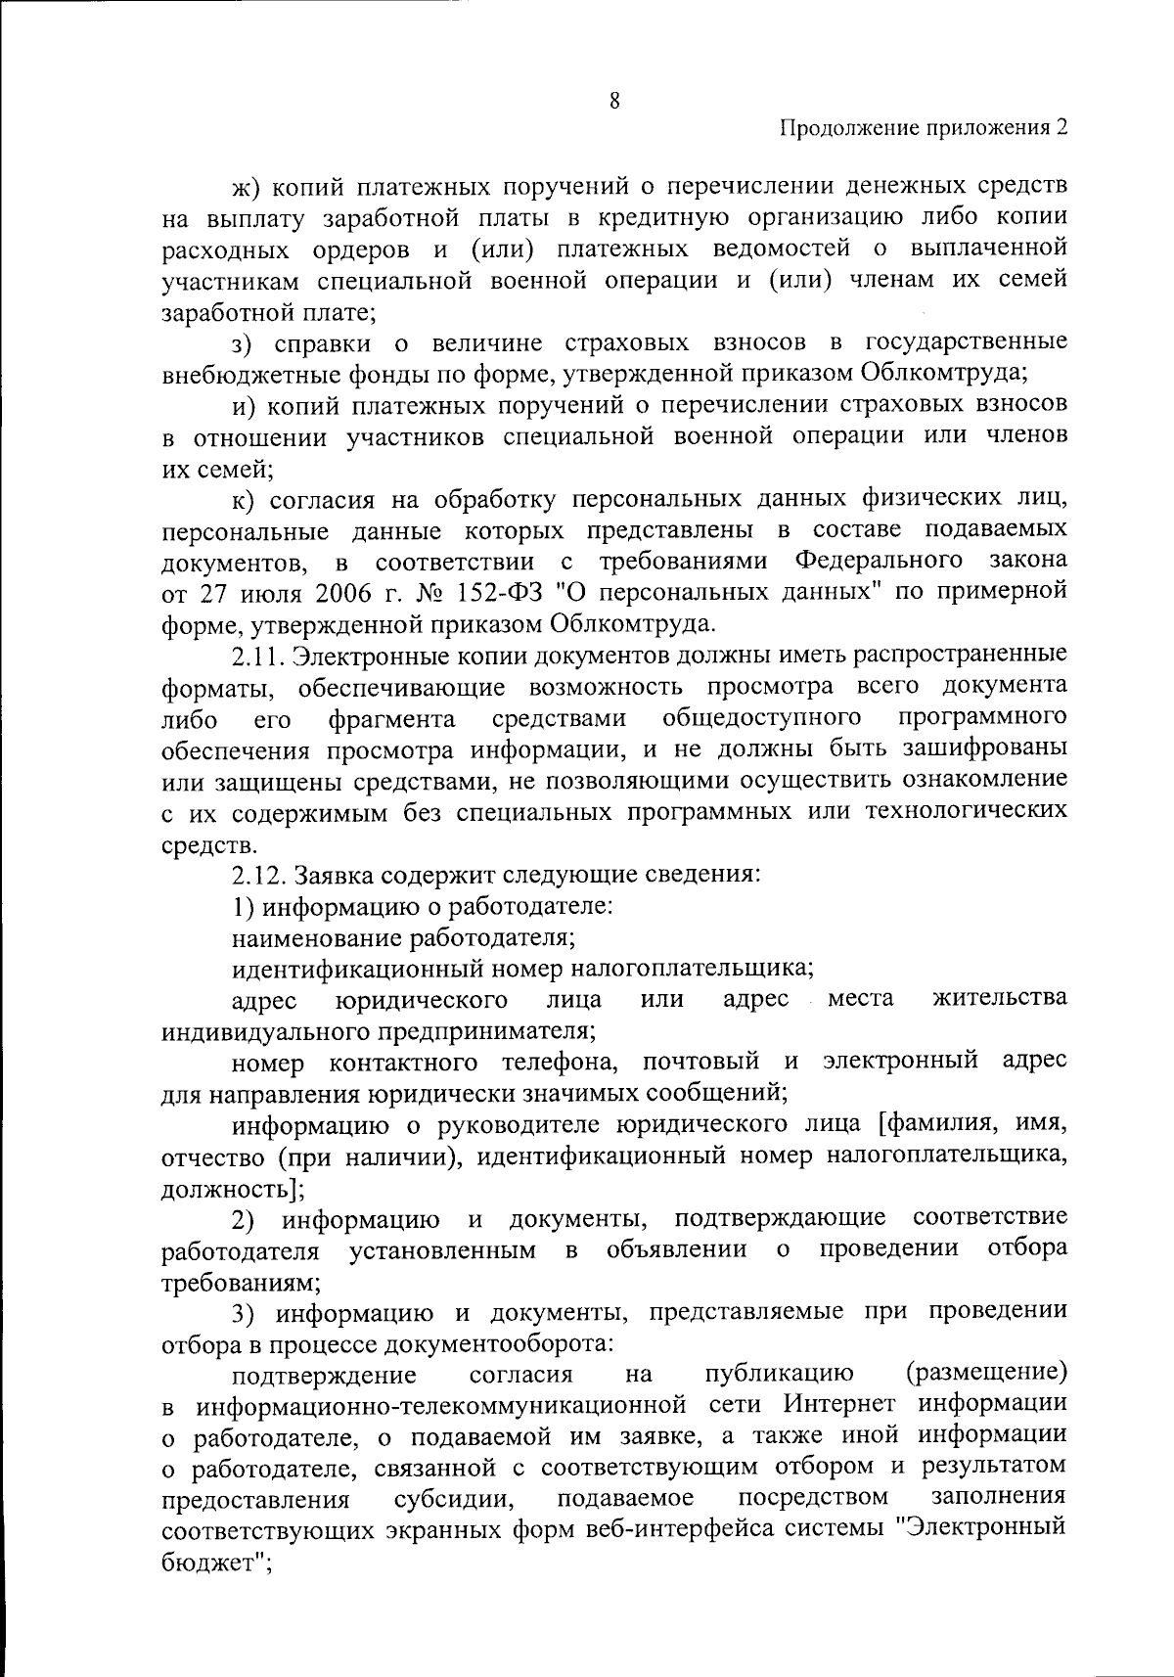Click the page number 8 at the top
614,100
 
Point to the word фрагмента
392,719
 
